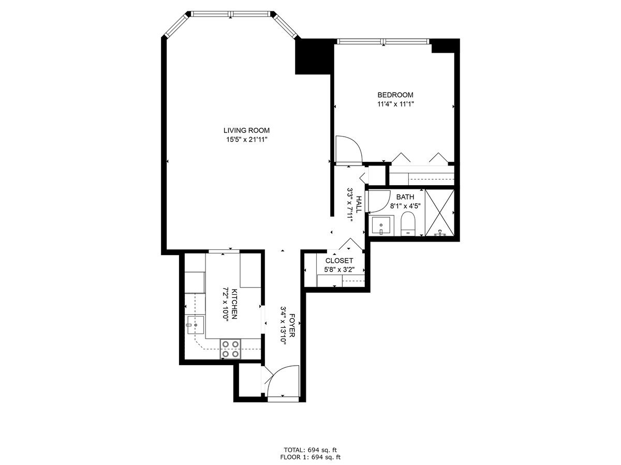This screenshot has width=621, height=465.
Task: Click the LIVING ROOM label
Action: (x=246, y=130)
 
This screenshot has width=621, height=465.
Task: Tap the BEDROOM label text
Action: (x=395, y=95)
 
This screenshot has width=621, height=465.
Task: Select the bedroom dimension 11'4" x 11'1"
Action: (x=395, y=104)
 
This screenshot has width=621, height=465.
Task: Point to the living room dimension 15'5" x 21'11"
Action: (x=246, y=139)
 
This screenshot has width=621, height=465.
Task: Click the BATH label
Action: (x=405, y=197)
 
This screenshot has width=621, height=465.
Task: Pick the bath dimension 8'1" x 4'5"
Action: (x=405, y=205)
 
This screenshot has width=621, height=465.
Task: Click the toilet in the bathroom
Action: (x=408, y=224)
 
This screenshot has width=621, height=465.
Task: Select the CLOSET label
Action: (x=339, y=261)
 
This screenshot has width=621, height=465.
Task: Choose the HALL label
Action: (x=358, y=204)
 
